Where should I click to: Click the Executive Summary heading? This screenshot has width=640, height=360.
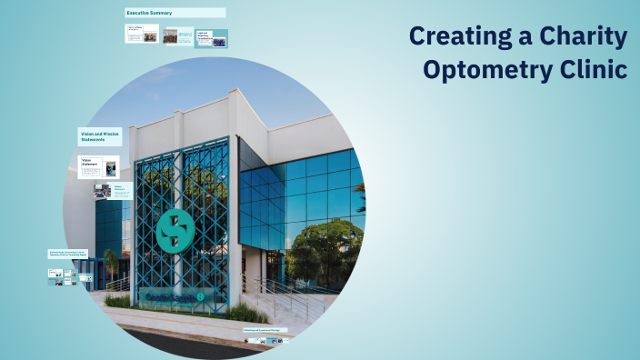tap(150, 13)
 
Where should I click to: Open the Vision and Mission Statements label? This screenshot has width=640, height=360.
tap(99, 136)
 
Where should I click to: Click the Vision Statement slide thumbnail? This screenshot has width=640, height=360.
tap(98, 166)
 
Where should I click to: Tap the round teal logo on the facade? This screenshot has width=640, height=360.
tap(173, 230)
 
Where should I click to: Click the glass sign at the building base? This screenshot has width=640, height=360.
tap(177, 295)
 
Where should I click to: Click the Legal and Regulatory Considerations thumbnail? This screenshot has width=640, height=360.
tap(212, 37)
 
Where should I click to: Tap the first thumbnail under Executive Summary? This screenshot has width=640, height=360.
tap(141, 34)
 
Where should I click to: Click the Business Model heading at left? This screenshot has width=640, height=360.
tap(68, 255)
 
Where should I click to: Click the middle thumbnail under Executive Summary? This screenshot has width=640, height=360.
tap(170, 36)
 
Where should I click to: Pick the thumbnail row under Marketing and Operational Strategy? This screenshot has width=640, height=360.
tap(264, 340)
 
